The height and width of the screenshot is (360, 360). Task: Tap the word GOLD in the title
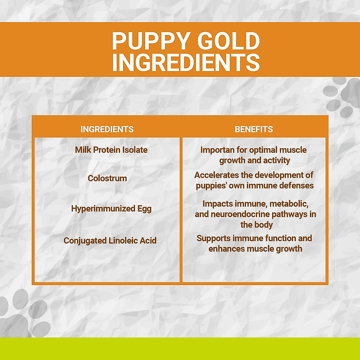pyautogui.click(x=229, y=41)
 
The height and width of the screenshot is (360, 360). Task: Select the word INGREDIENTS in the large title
pyautogui.click(x=186, y=62)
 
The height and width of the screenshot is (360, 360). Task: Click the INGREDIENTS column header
pyautogui.click(x=107, y=129)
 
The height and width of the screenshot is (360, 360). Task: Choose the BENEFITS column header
pyautogui.click(x=254, y=129)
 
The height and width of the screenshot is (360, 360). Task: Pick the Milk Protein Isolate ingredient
pyautogui.click(x=111, y=150)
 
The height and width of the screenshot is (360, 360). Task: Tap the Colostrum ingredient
pyautogui.click(x=107, y=178)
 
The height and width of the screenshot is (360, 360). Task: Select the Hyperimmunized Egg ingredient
pyautogui.click(x=111, y=208)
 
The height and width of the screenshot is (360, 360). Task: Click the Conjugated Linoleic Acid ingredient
pyautogui.click(x=110, y=241)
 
